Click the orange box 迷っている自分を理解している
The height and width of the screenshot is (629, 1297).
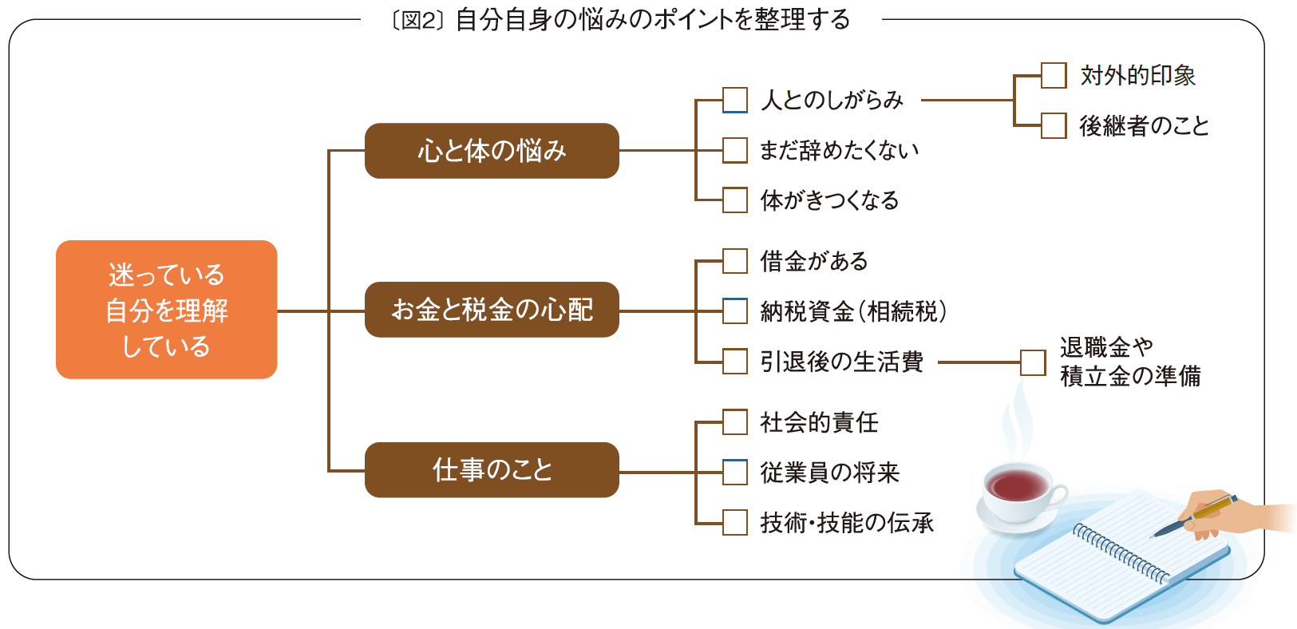[166, 310]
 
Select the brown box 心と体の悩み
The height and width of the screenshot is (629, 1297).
[492, 151]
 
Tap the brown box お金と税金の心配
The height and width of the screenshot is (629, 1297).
[492, 310]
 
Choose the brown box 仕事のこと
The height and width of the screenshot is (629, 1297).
[492, 470]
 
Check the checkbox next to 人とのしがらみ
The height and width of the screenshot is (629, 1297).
[735, 101]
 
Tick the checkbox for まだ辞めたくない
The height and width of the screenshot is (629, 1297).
[735, 150]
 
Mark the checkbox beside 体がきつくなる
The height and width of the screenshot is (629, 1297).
[735, 200]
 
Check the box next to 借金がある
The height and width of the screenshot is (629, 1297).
[735, 261]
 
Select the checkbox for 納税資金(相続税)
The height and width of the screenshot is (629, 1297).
[735, 311]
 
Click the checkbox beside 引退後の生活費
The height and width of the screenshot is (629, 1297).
[735, 362]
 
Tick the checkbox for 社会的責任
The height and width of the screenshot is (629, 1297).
[735, 422]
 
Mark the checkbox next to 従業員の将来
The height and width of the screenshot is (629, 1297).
[735, 473]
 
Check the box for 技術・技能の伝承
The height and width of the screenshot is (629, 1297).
[735, 523]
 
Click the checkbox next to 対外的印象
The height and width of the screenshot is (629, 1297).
[1054, 76]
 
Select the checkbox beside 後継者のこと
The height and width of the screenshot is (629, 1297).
[1054, 125]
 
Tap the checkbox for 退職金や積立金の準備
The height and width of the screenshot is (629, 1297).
[1033, 362]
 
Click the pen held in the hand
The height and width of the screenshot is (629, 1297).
[1196, 515]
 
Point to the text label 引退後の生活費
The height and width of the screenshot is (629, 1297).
[841, 362]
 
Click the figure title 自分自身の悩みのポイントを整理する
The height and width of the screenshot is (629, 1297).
[652, 20]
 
